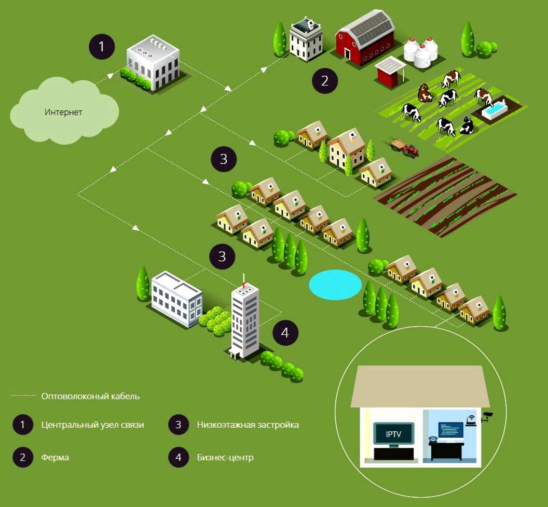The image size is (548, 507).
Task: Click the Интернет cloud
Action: [63, 112]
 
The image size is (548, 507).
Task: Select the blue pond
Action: [335, 285]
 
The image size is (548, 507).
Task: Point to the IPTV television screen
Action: [393, 433]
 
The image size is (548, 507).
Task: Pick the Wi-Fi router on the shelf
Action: [471, 420]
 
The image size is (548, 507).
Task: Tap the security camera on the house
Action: [487, 416]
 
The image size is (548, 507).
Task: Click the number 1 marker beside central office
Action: [102, 47]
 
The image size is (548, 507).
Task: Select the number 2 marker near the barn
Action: [325, 81]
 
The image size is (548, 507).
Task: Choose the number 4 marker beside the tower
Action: [285, 333]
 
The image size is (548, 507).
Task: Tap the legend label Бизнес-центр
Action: [225, 458]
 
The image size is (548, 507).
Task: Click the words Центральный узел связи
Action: [92, 425]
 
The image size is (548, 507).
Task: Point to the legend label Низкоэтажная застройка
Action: [248, 425]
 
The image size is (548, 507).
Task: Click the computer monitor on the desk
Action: [451, 430]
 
